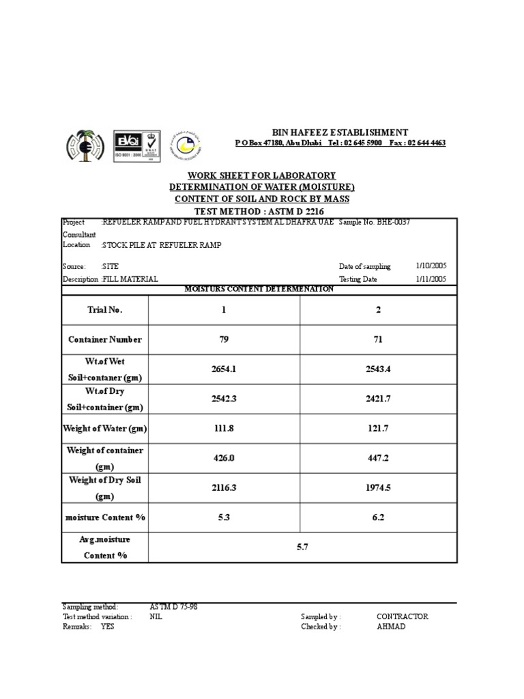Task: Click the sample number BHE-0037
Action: [388, 223]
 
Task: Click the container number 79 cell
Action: [224, 339]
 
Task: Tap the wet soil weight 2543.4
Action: [378, 369]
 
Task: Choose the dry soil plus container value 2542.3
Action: [224, 399]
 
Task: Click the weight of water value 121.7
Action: [378, 429]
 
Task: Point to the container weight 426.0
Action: [224, 459]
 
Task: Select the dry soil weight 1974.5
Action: [378, 488]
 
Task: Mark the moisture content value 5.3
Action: [224, 517]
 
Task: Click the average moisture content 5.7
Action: [302, 547]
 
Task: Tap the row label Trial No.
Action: [104, 310]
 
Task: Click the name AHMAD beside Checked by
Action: [390, 627]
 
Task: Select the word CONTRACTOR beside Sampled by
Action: [402, 616]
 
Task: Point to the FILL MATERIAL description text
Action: [130, 279]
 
